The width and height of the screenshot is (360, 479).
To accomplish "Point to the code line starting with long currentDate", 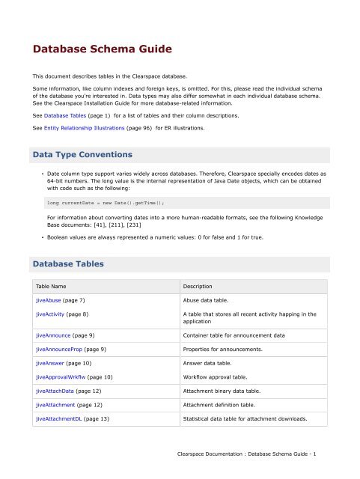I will (x=106, y=202).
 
